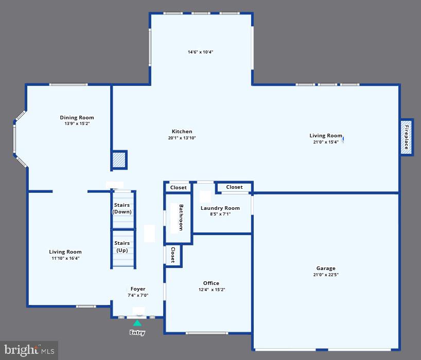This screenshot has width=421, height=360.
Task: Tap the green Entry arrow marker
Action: [137, 323]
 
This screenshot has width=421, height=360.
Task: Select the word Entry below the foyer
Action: [137, 333]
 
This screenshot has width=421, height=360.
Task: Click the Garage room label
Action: [326, 268]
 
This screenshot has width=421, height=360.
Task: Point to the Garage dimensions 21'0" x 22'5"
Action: [326, 275]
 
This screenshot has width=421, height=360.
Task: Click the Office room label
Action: [211, 283]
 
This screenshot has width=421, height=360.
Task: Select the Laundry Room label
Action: [220, 208]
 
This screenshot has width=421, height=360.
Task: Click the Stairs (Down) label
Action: [122, 208]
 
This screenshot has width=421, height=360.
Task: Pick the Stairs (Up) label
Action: [122, 246]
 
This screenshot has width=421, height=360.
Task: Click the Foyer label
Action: [138, 289]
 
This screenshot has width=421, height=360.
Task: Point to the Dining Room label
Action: [77, 117]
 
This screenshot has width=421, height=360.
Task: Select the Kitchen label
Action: [182, 131]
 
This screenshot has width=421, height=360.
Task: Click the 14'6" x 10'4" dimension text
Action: [200, 52]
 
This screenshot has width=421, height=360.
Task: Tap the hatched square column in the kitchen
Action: [119, 159]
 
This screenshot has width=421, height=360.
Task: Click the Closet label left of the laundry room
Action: [179, 187]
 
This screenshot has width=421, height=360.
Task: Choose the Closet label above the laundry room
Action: [234, 187]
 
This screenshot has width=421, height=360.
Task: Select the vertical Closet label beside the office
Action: [173, 255]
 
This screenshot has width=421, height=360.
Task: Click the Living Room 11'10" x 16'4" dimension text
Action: [65, 258]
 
